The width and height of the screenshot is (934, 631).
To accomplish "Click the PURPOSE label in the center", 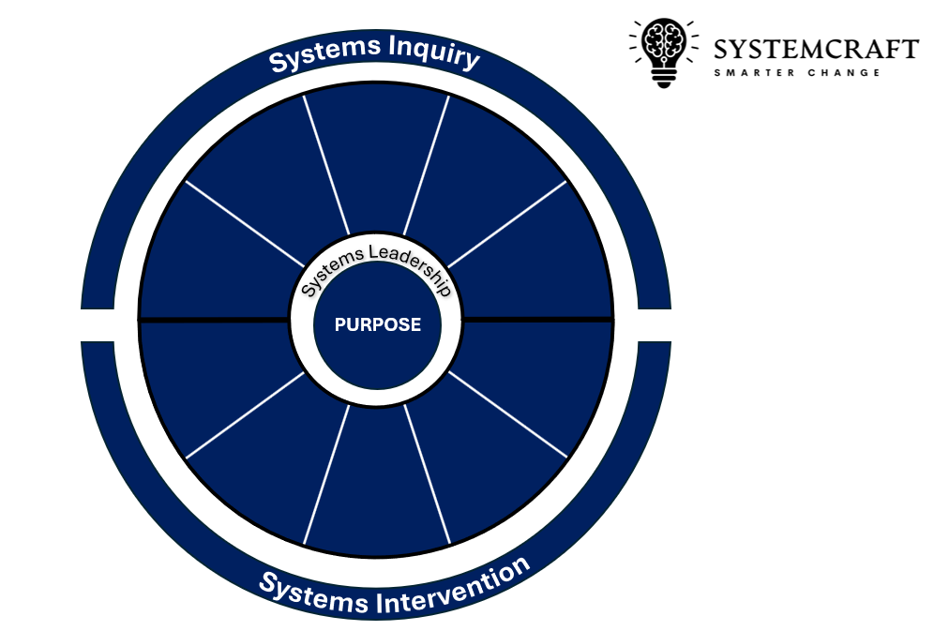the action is click(378, 324).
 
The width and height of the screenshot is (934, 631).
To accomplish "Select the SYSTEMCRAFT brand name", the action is click(815, 49).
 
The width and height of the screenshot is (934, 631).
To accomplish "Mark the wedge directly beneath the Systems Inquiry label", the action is click(377, 159).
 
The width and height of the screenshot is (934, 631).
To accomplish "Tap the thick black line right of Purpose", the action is click(538, 320).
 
